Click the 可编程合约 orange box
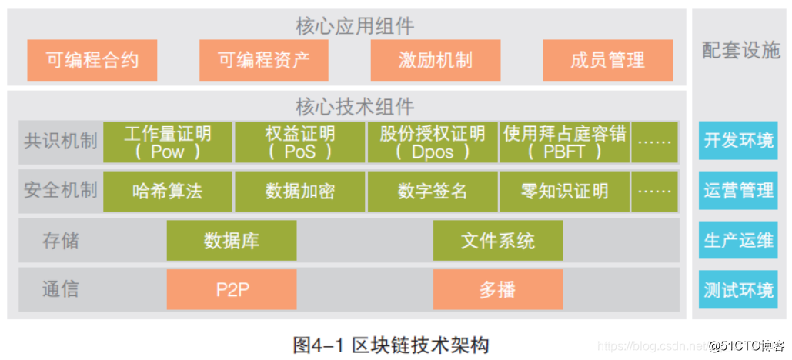[92, 61]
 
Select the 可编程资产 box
[264, 61]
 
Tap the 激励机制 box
[436, 61]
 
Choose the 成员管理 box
[607, 61]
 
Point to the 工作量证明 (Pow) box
[168, 142]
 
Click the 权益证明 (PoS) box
[300, 142]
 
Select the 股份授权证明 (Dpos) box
[433, 142]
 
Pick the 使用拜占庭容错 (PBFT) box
[564, 142]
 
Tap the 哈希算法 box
[168, 192]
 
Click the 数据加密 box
[300, 192]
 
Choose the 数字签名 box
[433, 192]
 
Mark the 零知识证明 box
[564, 192]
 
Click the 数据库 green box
[232, 241]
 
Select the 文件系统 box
[498, 241]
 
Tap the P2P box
[232, 290]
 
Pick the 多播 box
[498, 290]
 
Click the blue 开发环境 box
[738, 141]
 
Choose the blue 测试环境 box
[738, 290]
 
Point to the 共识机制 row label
[61, 142]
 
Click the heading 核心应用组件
[355, 26]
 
